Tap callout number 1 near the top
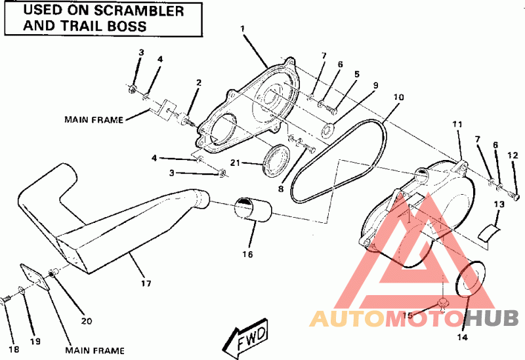coord(243,29)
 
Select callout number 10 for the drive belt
coord(398,97)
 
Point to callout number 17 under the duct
coord(146,284)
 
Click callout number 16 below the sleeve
coord(248,254)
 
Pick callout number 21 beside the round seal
coord(235,163)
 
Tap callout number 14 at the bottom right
coord(463,337)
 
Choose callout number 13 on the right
coord(499,204)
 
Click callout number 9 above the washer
coord(375,85)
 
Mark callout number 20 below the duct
coord(87,321)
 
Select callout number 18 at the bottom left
coord(14,350)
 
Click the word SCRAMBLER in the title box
coord(139,10)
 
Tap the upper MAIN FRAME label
coord(94,120)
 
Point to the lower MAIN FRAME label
coord(94,351)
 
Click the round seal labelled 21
coord(276,160)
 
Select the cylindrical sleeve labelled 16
coord(252,209)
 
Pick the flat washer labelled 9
coord(327,130)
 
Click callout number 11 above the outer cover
coord(457,125)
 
